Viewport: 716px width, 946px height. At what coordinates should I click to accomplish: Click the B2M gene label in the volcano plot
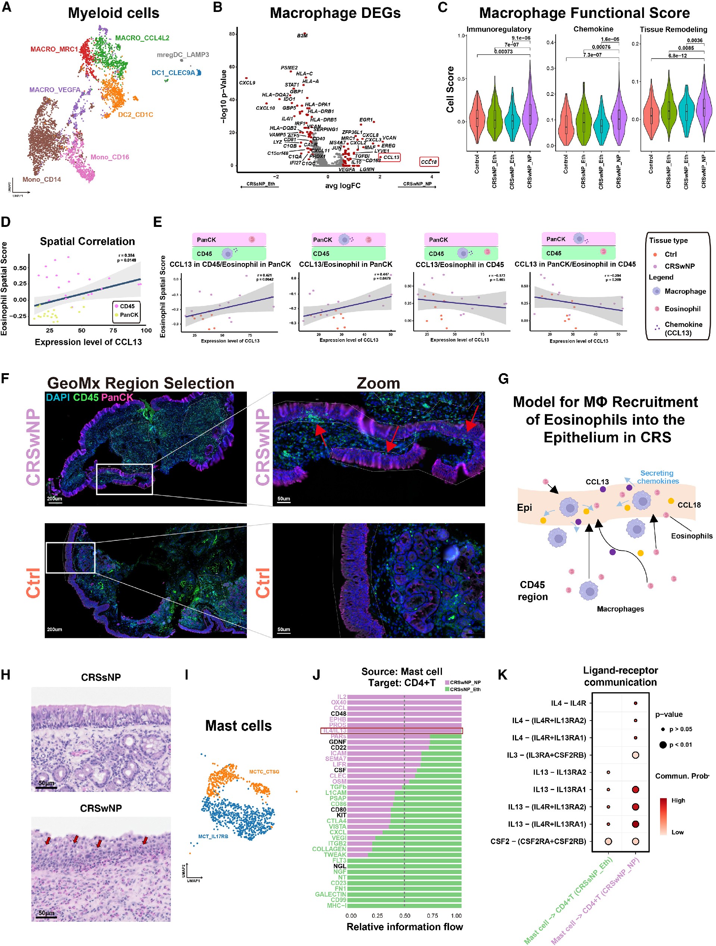(x=302, y=35)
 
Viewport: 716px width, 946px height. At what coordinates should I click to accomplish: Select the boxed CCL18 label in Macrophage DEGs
(x=429, y=162)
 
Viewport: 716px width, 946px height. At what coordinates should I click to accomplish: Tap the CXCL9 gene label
(x=247, y=83)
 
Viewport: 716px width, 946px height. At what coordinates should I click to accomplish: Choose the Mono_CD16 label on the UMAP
(x=110, y=157)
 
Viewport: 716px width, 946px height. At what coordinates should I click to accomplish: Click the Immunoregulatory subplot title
(x=499, y=29)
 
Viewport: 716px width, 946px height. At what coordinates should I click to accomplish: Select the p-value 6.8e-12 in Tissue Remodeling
(x=678, y=56)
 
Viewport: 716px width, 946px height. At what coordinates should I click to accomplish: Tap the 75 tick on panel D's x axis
(x=113, y=330)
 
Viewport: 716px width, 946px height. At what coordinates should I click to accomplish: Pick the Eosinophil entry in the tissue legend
(x=682, y=309)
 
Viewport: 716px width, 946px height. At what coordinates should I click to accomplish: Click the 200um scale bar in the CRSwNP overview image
(x=54, y=499)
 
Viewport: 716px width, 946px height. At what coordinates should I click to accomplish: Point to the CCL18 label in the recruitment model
(x=689, y=505)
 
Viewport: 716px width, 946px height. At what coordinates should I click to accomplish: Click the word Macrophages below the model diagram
(x=620, y=609)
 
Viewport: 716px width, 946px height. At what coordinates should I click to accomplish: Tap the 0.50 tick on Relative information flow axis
(x=404, y=916)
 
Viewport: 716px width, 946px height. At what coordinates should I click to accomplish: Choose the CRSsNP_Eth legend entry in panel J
(x=465, y=689)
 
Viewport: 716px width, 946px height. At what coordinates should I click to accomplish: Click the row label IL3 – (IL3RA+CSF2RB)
(x=546, y=755)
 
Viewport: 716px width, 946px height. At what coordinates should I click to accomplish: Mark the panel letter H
(x=6, y=675)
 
